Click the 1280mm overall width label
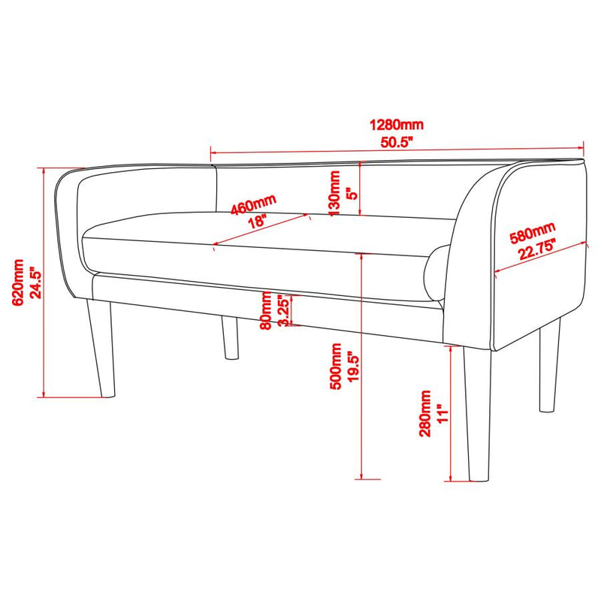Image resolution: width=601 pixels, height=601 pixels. pos(397,125)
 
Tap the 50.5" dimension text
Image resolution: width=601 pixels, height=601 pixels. pos(397,142)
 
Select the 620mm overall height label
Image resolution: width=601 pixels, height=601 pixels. pos(17,282)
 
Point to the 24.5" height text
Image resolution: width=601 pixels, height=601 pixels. pos(35,283)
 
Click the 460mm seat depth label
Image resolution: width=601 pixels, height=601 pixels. pos(253,205)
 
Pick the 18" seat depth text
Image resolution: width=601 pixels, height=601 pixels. pos(257,222)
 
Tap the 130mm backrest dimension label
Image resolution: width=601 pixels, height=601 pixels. pos(334,193)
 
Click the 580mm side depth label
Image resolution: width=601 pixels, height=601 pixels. pos(533,233)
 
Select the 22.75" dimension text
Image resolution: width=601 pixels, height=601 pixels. pos(536,249)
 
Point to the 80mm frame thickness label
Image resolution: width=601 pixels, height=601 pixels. pos(266,310)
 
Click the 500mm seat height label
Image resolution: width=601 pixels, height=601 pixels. pos(336,367)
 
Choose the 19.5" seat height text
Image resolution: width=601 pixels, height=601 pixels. pos(353,367)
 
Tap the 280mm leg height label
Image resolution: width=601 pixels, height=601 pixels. pos(425,414)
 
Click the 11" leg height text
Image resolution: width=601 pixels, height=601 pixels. pos(442,413)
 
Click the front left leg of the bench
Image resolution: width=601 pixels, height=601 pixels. pos(101,348)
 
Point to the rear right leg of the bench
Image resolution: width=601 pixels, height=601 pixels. pos(549,365)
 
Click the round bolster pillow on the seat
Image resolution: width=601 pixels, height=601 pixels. pos(436,273)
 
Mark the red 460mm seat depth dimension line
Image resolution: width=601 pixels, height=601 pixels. pos(261,229)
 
